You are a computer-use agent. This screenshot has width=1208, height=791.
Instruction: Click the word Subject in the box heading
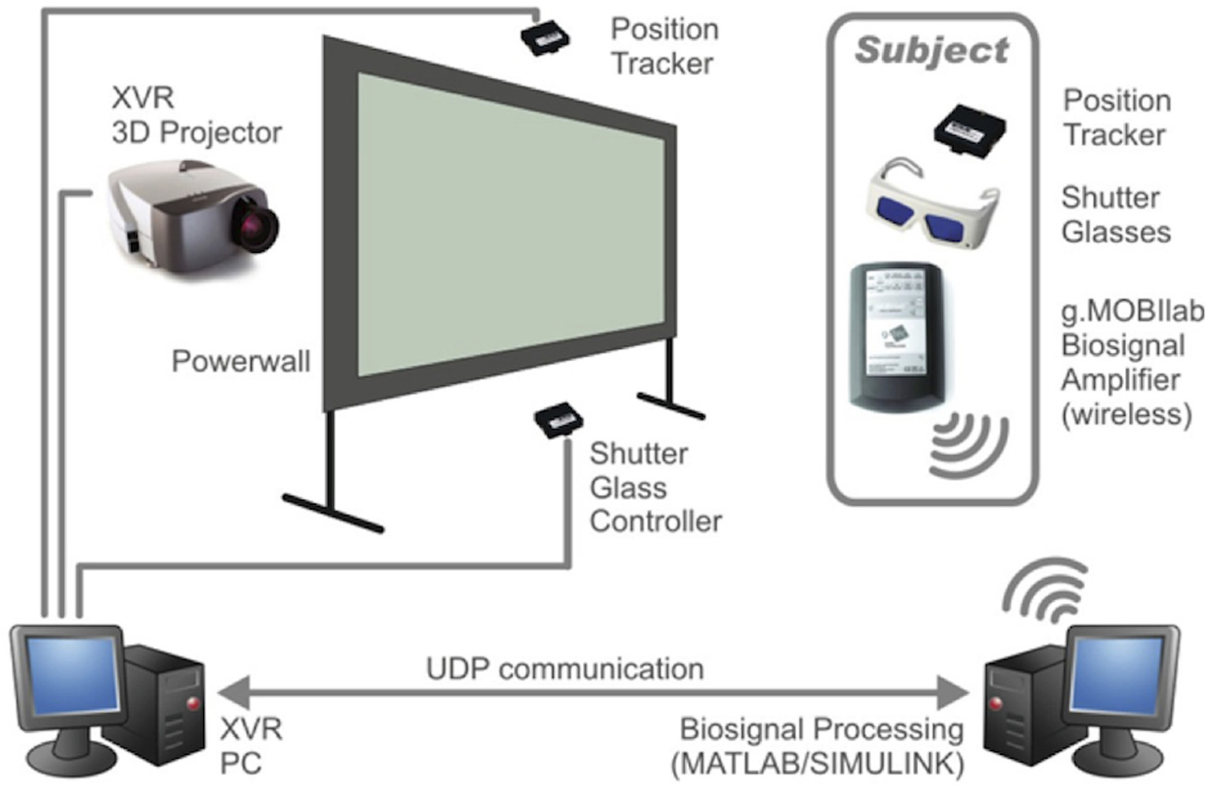pyautogui.click(x=931, y=51)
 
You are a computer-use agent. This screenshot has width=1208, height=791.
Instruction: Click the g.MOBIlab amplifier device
pyautogui.click(x=895, y=337)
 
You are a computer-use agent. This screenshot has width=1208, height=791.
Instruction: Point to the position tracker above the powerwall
pyautogui.click(x=545, y=38)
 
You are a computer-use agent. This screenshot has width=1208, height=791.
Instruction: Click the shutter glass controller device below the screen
pyautogui.click(x=558, y=420)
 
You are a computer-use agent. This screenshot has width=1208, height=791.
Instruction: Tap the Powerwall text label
pyautogui.click(x=241, y=361)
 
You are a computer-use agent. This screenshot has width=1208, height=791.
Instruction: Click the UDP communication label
pyautogui.click(x=564, y=669)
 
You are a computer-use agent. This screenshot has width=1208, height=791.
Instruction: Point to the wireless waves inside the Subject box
pyautogui.click(x=968, y=444)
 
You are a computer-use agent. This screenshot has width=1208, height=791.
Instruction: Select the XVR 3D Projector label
pyautogui.click(x=196, y=116)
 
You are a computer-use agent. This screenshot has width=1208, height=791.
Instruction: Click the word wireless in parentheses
pyautogui.click(x=1126, y=414)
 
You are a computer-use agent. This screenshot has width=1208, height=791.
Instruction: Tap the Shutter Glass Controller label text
pyautogui.click(x=654, y=488)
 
